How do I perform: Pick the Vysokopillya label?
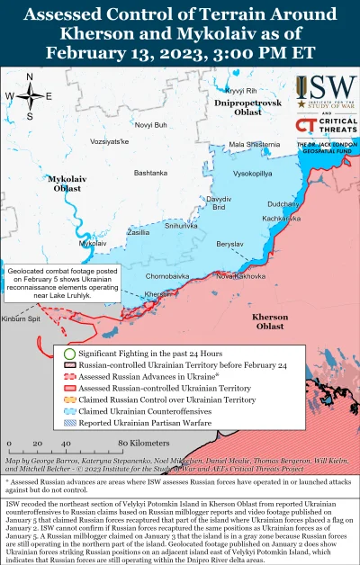pyautogui.click(x=254, y=171)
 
